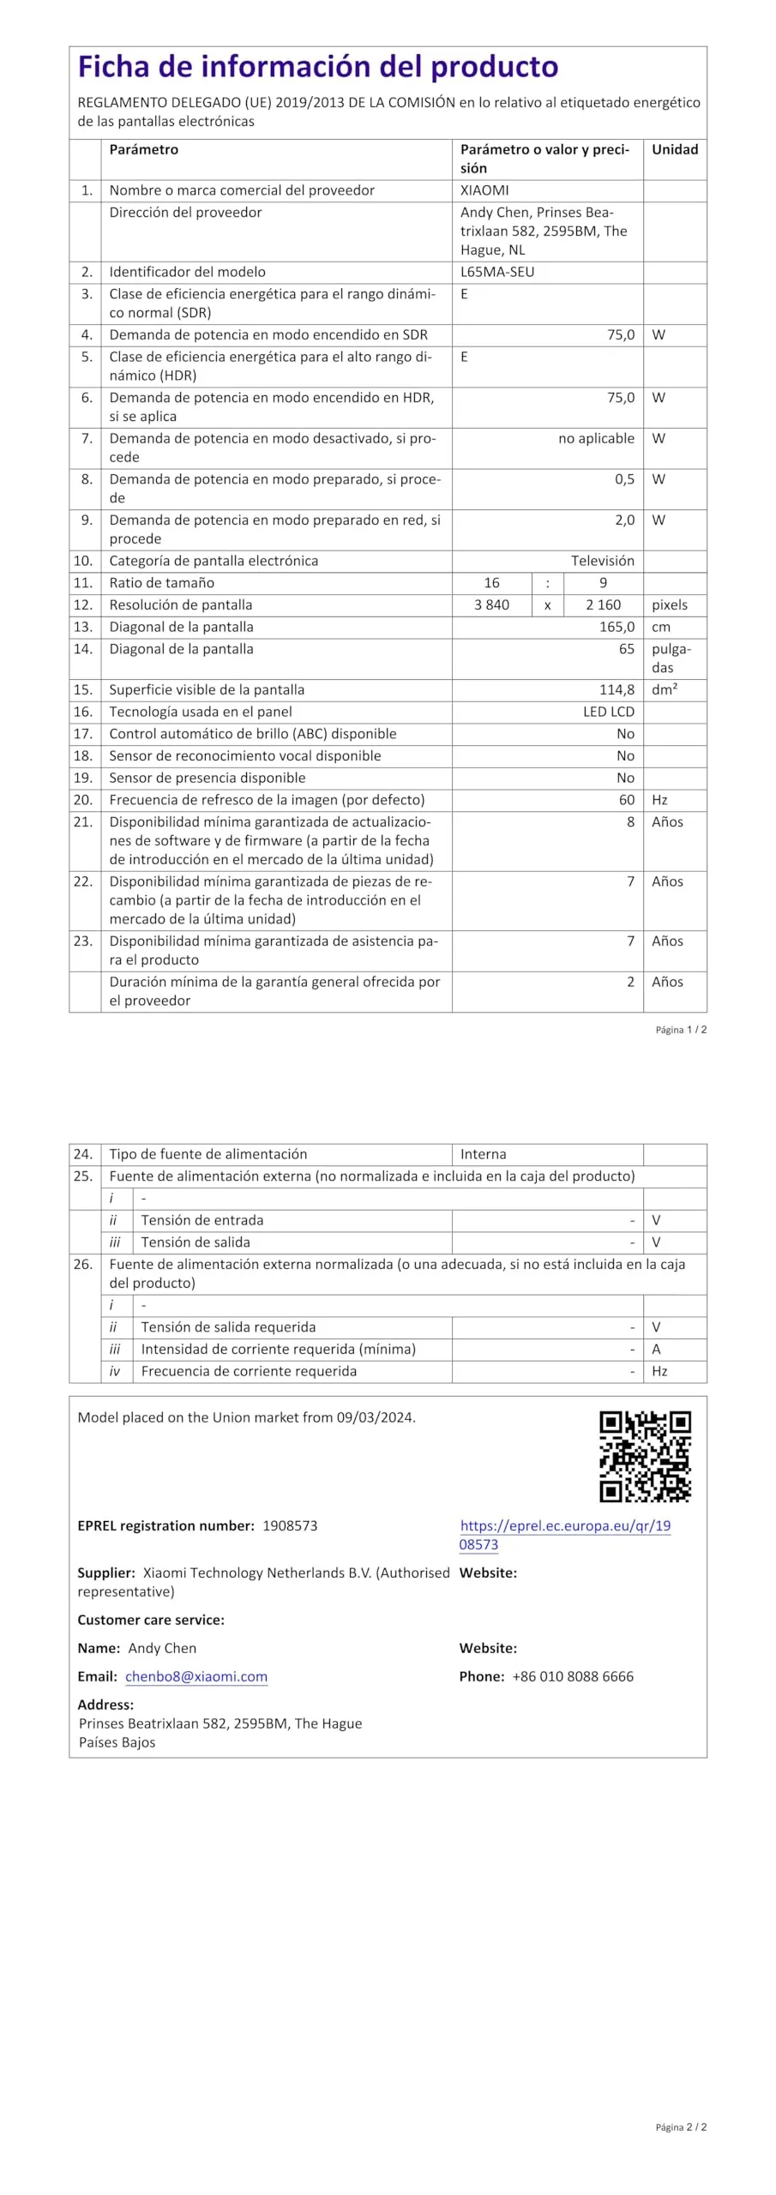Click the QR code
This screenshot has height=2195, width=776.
[645, 1456]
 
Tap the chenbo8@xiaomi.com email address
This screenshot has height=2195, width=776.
[196, 1676]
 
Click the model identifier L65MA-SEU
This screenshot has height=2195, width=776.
[497, 272]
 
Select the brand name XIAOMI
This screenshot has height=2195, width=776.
[484, 190]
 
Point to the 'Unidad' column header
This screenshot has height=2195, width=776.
[675, 149]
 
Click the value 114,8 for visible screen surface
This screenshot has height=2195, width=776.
[617, 689]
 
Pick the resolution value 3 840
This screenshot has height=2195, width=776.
[491, 604]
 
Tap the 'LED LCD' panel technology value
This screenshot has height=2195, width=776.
[609, 712]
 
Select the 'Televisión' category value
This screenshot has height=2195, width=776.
[603, 561]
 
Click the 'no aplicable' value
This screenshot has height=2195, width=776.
[596, 438]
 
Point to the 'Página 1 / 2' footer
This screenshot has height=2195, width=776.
[681, 1030]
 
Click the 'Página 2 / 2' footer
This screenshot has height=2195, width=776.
[681, 2127]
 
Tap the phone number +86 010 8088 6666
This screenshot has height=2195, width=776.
[573, 1676]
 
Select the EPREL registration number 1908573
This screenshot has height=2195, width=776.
[290, 1525]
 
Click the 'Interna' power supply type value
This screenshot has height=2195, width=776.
[484, 1154]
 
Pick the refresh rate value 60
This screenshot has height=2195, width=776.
[627, 800]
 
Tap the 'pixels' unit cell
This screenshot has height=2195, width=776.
[670, 604]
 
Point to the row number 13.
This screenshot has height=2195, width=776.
[83, 627]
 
